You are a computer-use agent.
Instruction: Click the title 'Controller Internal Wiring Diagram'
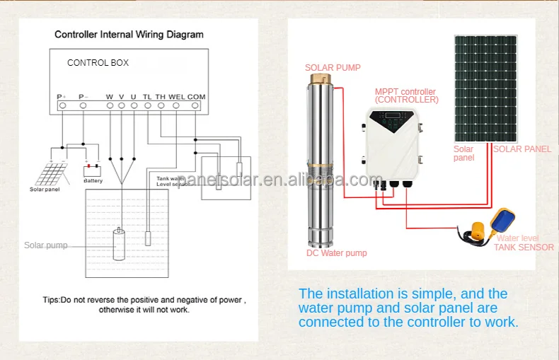pyautogui.click(x=129, y=34)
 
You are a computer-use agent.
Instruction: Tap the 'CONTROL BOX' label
pyautogui.click(x=98, y=63)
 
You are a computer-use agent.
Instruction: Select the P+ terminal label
pyautogui.click(x=62, y=96)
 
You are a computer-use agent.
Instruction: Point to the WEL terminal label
pyautogui.click(x=176, y=96)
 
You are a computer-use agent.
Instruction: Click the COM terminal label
pyautogui.click(x=196, y=96)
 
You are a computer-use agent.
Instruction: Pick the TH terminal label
pyautogui.click(x=161, y=96)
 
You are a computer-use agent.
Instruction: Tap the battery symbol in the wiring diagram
pyautogui.click(x=92, y=170)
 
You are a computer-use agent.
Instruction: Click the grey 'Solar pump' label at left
pyautogui.click(x=46, y=245)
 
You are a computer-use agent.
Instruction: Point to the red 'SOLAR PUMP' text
pyautogui.click(x=333, y=68)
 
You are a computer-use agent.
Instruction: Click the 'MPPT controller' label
pyautogui.click(x=405, y=92)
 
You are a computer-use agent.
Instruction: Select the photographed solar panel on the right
pyautogui.click(x=485, y=88)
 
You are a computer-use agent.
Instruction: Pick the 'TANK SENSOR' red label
pyautogui.click(x=524, y=248)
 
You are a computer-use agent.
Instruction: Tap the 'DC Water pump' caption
pyautogui.click(x=336, y=253)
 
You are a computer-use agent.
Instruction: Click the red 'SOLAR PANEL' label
pyautogui.click(x=521, y=149)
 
